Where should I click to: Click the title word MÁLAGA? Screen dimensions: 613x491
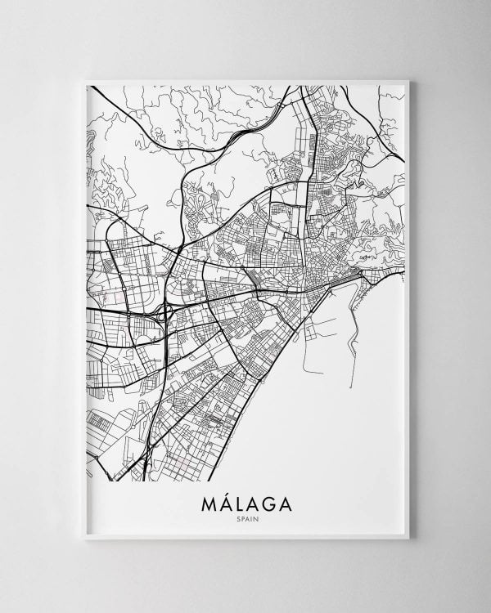coord(245,500)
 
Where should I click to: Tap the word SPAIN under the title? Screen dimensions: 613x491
coord(245,516)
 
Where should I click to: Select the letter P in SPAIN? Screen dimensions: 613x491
coord(241,516)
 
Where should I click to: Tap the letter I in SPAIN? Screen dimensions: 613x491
coord(250,516)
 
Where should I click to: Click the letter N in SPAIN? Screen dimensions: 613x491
coord(255,516)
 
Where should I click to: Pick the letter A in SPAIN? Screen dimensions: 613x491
coord(245,516)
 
